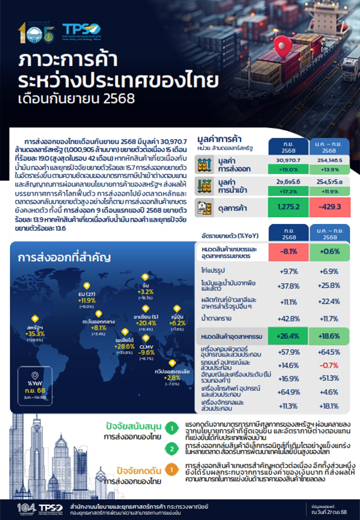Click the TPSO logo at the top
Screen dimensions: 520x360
click(x=81, y=30)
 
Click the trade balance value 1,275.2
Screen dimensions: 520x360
click(x=288, y=207)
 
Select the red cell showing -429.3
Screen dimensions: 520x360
click(x=330, y=207)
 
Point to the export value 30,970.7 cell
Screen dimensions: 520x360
click(x=288, y=160)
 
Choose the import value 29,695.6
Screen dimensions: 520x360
click(x=288, y=182)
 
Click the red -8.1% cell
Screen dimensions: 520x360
click(x=288, y=252)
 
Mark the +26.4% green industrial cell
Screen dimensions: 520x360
click(x=288, y=336)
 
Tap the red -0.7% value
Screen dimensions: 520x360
click(x=329, y=365)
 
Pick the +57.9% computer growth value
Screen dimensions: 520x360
click(x=289, y=352)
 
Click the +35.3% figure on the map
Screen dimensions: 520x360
click(x=35, y=334)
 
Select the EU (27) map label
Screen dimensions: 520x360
click(x=87, y=294)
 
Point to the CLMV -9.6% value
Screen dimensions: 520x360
click(x=146, y=352)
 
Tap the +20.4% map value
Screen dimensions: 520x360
click(x=146, y=323)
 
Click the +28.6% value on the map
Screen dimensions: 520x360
click(x=125, y=346)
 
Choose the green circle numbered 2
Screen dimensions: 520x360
click(x=172, y=449)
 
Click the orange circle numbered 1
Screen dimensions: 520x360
click(x=172, y=469)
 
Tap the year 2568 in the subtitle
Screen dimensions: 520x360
click(x=119, y=99)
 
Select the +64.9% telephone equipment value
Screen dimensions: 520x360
click(x=289, y=392)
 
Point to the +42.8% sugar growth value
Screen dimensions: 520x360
click(x=289, y=319)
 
